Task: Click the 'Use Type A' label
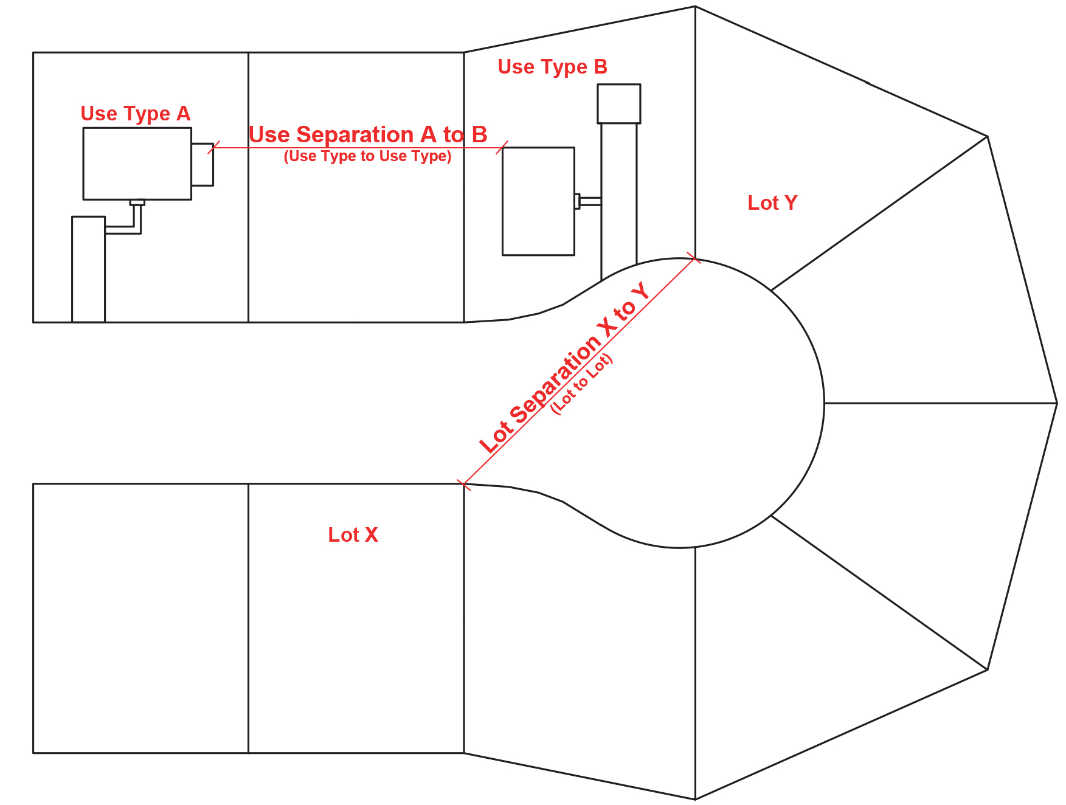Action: point(135,114)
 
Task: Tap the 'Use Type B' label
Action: point(552,67)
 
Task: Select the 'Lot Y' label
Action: point(772,203)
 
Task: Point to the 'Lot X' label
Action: point(353,535)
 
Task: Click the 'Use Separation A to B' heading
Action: point(368,134)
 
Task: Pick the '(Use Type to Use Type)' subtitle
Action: point(367,156)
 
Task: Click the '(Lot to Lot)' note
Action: point(581,384)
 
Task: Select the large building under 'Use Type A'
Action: point(137,164)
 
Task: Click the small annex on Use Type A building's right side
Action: point(202,164)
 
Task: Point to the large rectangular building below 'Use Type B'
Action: point(538,201)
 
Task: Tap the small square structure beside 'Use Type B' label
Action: point(618,104)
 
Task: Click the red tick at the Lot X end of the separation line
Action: point(464,485)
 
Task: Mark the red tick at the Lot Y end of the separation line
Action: point(693,258)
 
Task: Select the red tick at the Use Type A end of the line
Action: point(213,148)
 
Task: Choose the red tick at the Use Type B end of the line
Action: point(502,148)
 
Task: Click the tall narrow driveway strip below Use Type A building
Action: point(89,269)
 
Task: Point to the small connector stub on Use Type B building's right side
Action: point(578,201)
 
